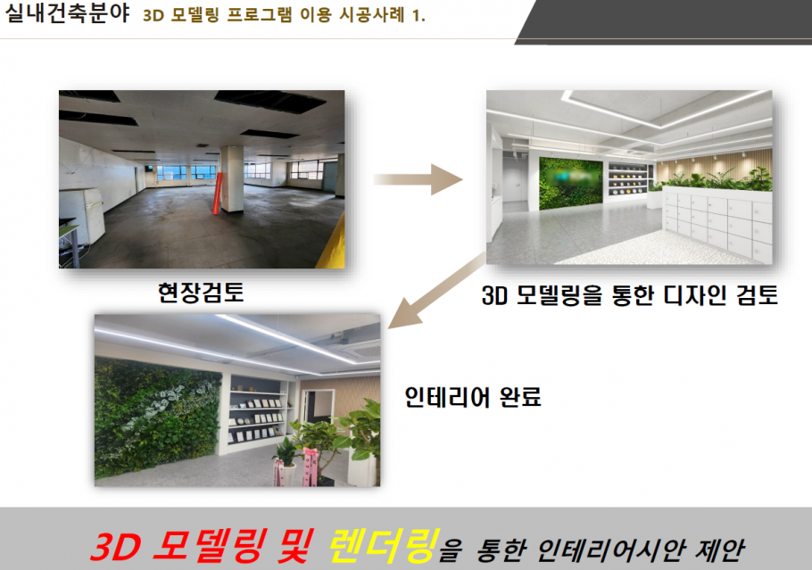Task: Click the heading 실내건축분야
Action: (66, 12)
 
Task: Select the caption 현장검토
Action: (201, 293)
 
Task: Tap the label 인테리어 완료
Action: (473, 398)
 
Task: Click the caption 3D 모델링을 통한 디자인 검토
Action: (630, 295)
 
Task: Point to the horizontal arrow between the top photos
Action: (418, 179)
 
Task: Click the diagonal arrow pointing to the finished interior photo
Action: (436, 291)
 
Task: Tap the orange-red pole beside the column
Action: (218, 193)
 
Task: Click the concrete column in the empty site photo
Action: (231, 179)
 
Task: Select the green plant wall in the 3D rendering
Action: (571, 184)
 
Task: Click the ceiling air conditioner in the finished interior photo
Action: (359, 351)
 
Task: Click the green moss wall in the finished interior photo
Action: (157, 417)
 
